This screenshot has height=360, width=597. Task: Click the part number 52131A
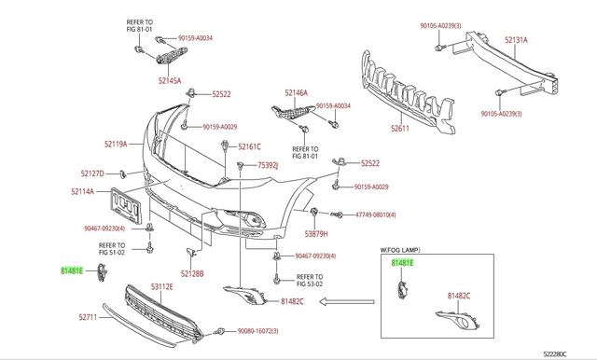pyautogui.click(x=516, y=39)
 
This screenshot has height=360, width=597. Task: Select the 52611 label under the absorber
pyautogui.click(x=400, y=129)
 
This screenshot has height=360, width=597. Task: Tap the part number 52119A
pyautogui.click(x=116, y=145)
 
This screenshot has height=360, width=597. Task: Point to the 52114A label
pyautogui.click(x=82, y=191)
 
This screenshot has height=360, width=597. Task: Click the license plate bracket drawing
pyautogui.click(x=126, y=205)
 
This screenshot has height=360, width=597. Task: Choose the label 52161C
pyautogui.click(x=249, y=146)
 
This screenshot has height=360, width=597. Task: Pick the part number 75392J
pyautogui.click(x=268, y=165)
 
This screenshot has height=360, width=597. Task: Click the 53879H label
pyautogui.click(x=316, y=234)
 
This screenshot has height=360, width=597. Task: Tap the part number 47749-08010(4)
pyautogui.click(x=376, y=215)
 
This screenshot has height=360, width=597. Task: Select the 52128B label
pyautogui.click(x=192, y=273)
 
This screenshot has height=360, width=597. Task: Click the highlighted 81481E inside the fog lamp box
pyautogui.click(x=402, y=263)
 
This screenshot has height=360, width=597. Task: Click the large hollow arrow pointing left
pyautogui.click(x=346, y=302)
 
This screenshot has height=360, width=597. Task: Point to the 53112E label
pyautogui.click(x=161, y=286)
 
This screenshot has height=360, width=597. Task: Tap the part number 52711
pyautogui.click(x=88, y=317)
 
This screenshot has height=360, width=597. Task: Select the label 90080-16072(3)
pyautogui.click(x=258, y=331)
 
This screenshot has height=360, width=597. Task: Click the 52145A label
pyautogui.click(x=170, y=81)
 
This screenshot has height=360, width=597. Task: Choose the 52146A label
pyautogui.click(x=297, y=92)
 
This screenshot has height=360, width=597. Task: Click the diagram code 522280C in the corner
pyautogui.click(x=555, y=354)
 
